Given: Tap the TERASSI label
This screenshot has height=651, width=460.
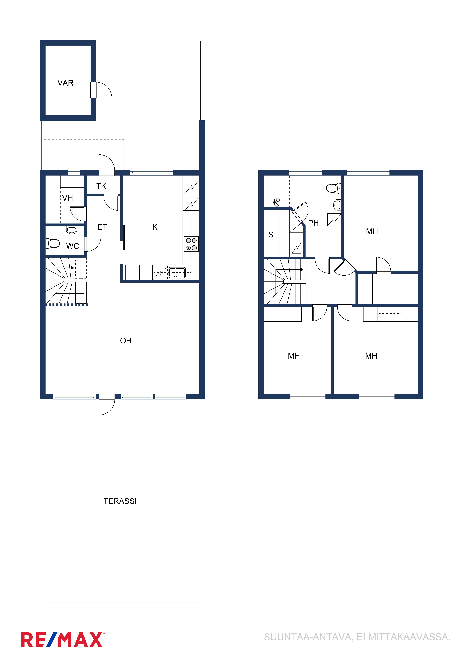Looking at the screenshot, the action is coord(120,501).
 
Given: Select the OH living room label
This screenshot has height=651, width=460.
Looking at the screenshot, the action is coord(126,341).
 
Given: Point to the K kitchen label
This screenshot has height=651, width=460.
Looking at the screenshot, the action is coord(155,227).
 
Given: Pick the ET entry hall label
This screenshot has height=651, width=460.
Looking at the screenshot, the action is coord(102,227).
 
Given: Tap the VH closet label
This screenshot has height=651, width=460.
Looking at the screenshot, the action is coord(68,198).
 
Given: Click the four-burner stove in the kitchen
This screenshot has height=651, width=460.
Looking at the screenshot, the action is coord(192,244).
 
